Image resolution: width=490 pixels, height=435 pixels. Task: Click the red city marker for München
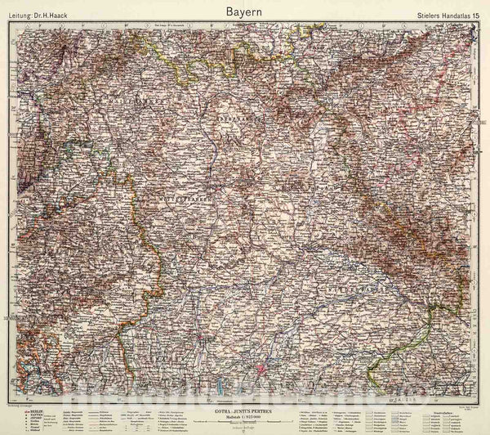coord(261,347)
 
